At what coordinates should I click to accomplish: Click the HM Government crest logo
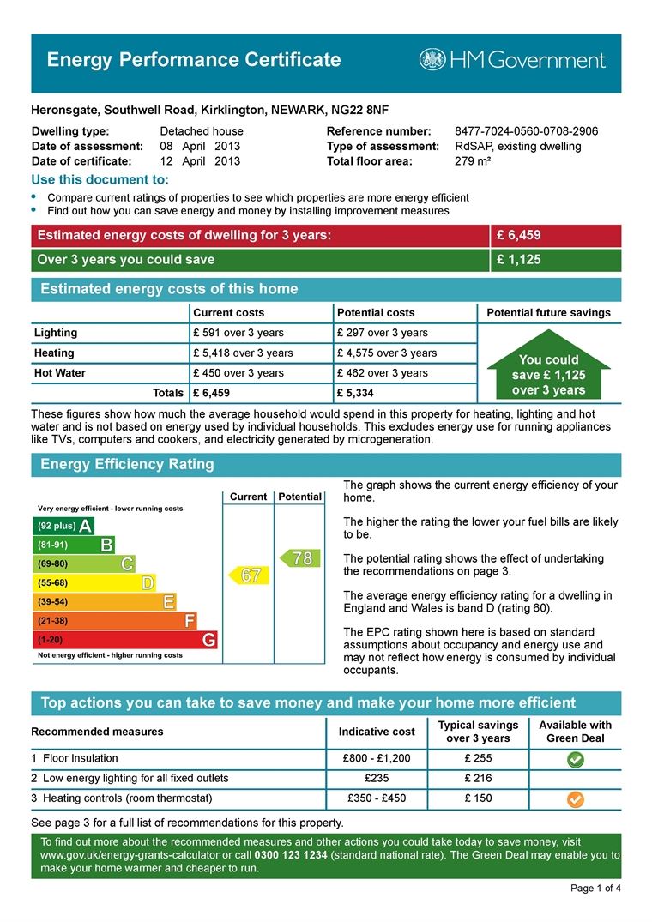point(432,59)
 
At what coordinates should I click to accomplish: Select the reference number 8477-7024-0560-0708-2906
point(526,131)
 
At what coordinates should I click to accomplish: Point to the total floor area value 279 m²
point(473,160)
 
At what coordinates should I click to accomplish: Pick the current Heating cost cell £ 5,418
point(243,353)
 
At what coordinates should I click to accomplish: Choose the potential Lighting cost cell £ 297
point(383,333)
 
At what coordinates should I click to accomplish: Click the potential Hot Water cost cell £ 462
point(383,373)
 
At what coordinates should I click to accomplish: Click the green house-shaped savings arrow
point(548,371)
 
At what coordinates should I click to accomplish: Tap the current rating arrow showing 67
point(247,575)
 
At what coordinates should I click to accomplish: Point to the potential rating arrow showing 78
point(299,558)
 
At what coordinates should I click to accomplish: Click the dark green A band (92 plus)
point(63,526)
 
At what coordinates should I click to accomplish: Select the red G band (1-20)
point(124,640)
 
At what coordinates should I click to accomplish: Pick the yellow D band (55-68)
point(94,583)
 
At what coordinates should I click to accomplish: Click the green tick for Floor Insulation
point(576,759)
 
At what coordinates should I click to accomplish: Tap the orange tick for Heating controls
point(576,798)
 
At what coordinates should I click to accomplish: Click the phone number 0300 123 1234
point(291,856)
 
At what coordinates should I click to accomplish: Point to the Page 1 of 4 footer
point(595,888)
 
